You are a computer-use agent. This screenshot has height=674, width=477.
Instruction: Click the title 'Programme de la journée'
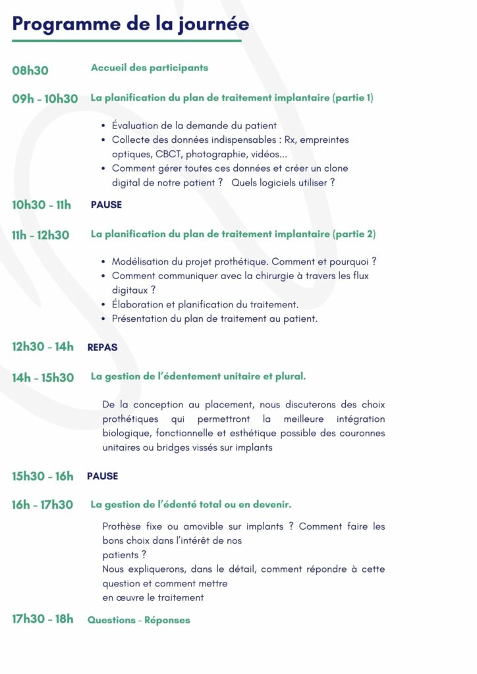tap(130, 24)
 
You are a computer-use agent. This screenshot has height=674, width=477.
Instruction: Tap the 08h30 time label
tap(30, 70)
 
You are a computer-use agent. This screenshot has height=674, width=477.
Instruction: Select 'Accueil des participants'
tap(149, 68)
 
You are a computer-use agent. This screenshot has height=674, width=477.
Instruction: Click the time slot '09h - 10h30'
tap(45, 99)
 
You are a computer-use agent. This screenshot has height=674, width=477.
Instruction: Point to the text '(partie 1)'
tap(353, 98)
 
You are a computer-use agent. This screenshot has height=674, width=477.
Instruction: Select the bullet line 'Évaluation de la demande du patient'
tap(194, 125)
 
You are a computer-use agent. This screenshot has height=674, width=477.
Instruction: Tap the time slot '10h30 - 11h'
tap(42, 205)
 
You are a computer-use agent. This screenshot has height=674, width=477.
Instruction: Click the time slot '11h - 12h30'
tap(40, 235)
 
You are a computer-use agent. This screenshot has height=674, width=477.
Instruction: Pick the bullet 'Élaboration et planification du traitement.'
tap(205, 305)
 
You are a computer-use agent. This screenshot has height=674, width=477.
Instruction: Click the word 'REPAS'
tap(102, 347)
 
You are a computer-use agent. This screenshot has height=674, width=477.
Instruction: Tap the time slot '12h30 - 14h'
tap(43, 347)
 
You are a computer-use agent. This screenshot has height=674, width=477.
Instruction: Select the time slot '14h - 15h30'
tap(43, 378)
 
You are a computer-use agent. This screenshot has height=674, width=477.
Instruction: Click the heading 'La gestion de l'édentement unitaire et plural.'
tap(198, 376)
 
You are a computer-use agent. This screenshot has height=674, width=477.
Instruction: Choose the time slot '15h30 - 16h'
tap(43, 476)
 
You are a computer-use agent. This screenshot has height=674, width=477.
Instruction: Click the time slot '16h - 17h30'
tap(42, 505)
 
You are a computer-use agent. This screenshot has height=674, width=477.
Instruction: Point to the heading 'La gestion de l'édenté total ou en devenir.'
tap(191, 504)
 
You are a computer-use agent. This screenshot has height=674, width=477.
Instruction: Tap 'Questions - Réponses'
tap(138, 620)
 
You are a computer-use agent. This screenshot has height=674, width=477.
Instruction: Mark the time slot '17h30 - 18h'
tap(43, 619)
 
